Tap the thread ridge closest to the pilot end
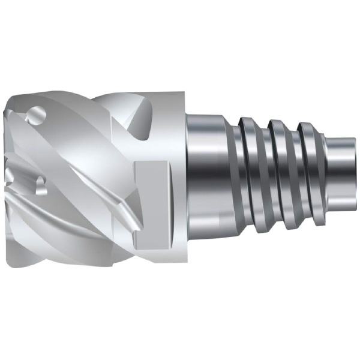[x=308, y=174]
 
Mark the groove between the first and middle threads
[x=264, y=177]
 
